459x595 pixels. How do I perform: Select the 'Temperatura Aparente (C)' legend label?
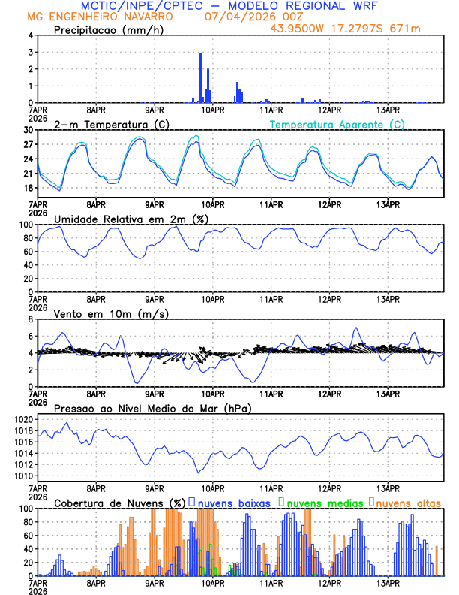[x=337, y=124]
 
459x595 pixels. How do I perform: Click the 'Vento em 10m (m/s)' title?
[x=111, y=313]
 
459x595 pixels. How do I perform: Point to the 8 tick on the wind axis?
[x=30, y=319]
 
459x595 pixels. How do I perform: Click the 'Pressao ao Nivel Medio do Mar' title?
[x=152, y=408]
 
